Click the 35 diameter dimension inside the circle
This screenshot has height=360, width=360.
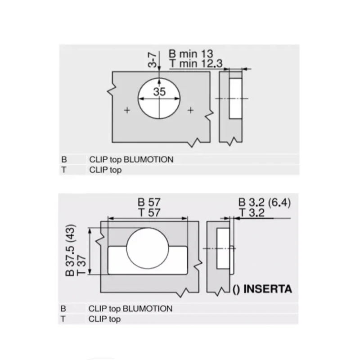tap(159, 92)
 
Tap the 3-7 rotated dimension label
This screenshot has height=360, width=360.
tap(152, 60)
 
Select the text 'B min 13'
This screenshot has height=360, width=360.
tap(191, 54)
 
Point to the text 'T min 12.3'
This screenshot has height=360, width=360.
tap(196, 63)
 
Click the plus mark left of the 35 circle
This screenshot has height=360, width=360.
tap(127, 110)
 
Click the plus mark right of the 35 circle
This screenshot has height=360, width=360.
tap(190, 110)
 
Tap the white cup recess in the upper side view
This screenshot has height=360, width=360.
tap(235, 99)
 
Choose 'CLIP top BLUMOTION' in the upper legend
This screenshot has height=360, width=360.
tap(131, 159)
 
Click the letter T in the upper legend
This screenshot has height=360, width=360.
tap(63, 170)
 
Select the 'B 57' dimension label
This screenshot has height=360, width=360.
tap(149, 202)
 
